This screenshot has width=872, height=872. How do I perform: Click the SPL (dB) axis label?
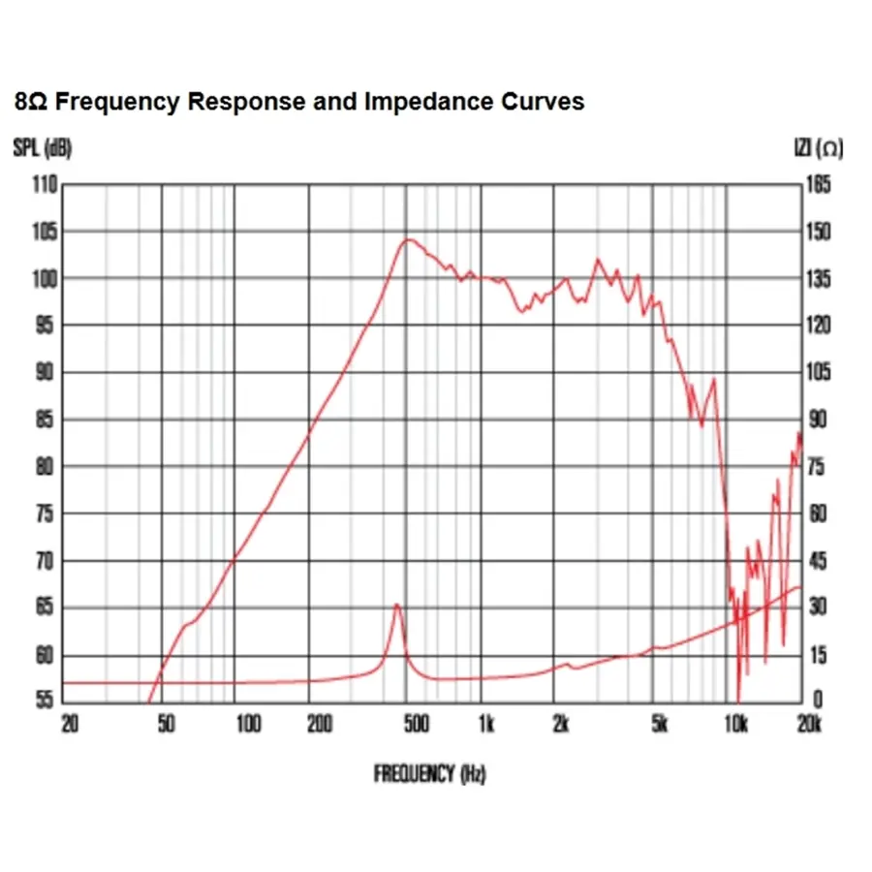(43, 148)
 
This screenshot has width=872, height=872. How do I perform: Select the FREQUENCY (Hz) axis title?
(429, 773)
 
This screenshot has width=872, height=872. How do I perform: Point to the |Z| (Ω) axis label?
(818, 148)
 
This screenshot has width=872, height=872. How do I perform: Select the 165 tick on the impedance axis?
(820, 184)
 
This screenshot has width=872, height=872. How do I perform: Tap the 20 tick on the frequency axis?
(70, 724)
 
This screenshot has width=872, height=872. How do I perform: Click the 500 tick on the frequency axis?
(415, 724)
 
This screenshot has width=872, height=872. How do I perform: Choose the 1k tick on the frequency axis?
(486, 724)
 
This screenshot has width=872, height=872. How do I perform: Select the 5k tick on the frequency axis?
(660, 724)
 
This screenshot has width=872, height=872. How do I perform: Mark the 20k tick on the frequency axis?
(809, 724)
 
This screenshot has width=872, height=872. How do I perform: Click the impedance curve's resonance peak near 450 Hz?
(396, 605)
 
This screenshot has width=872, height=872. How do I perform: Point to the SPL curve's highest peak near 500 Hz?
(410, 239)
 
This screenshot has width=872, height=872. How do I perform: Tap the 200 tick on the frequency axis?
(320, 724)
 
